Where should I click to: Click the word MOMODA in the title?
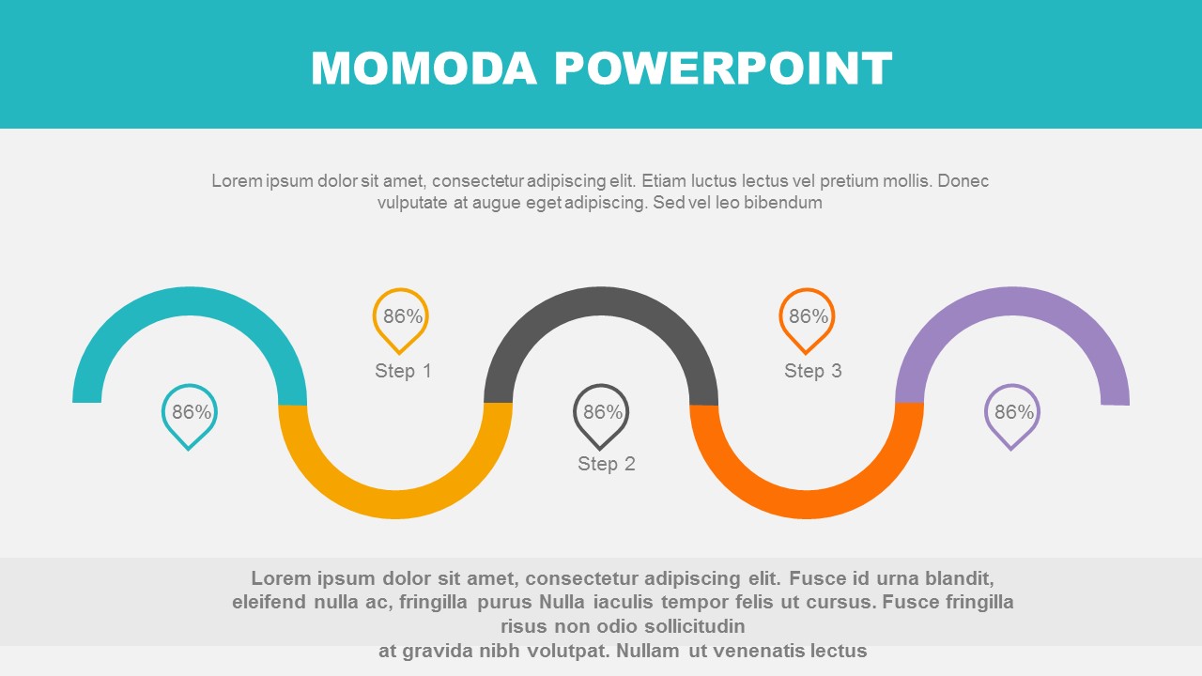pyautogui.click(x=424, y=69)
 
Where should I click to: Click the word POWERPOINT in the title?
pyautogui.click(x=723, y=69)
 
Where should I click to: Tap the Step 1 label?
pyautogui.click(x=403, y=371)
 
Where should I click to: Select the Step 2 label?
pyautogui.click(x=607, y=464)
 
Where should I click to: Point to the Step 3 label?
pyautogui.click(x=813, y=371)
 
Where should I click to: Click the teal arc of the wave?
pyautogui.click(x=190, y=301)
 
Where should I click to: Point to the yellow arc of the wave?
pyautogui.click(x=395, y=504)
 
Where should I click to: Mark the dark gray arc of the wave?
pyautogui.click(x=601, y=301)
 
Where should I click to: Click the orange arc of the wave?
pyautogui.click(x=807, y=504)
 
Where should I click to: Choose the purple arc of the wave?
pyautogui.click(x=1012, y=301)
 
